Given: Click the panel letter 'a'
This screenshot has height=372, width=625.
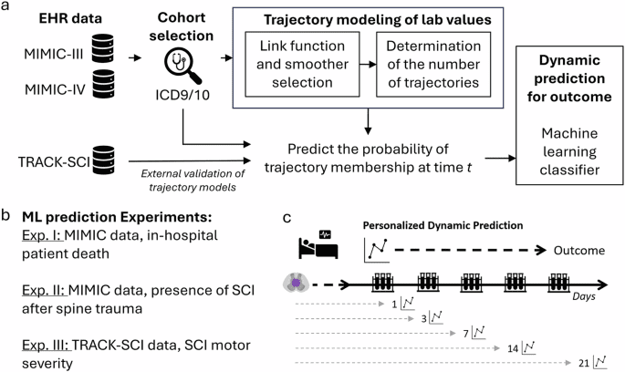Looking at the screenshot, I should tap(6, 7).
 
